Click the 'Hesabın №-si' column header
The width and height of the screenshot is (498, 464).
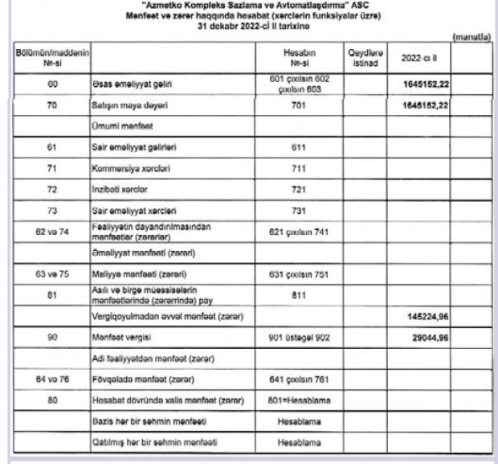297,58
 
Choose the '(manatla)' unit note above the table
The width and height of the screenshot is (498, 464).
471,37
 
